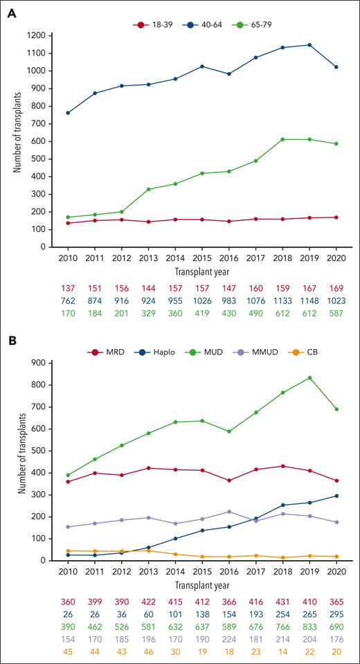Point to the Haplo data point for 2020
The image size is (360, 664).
pyautogui.click(x=337, y=496)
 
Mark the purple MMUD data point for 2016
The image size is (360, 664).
pyautogui.click(x=228, y=512)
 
